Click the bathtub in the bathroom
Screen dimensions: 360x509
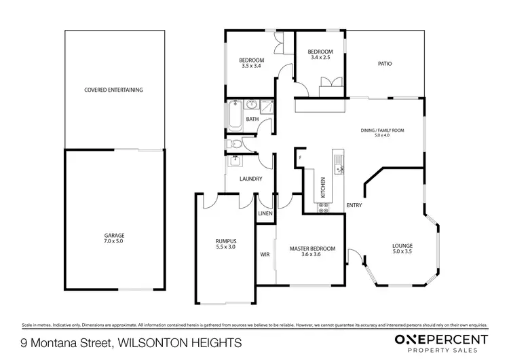(235, 116)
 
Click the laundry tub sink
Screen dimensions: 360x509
(235, 161)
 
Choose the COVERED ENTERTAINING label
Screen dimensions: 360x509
(113, 90)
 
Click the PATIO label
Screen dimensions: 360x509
(385, 64)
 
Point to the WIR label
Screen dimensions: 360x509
(265, 255)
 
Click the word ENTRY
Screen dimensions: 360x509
(354, 205)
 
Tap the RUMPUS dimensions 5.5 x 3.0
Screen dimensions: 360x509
(225, 247)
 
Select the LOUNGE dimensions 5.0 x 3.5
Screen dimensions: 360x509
(402, 251)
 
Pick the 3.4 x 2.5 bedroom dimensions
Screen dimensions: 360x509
(320, 58)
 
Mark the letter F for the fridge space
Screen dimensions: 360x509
(299, 158)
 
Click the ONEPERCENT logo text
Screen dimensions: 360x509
(440, 339)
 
